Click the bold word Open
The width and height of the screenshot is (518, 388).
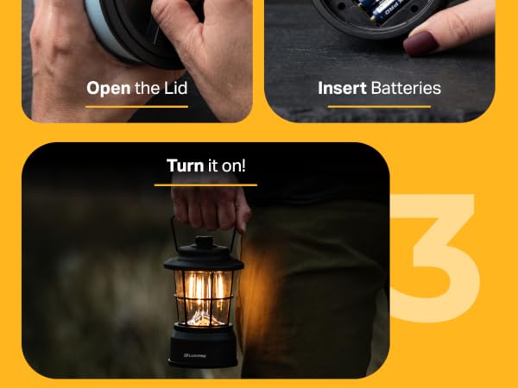tap(109, 89)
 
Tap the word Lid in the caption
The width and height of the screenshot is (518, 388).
tap(176, 88)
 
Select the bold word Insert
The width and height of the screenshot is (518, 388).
tap(342, 88)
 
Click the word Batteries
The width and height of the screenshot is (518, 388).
tap(406, 88)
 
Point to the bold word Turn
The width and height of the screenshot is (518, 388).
tap(185, 166)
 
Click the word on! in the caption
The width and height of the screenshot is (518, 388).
tap(234, 166)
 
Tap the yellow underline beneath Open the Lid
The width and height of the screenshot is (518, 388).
tap(136, 107)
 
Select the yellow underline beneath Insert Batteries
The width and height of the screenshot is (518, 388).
tap(379, 107)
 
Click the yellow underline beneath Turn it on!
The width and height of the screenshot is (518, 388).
tap(205, 185)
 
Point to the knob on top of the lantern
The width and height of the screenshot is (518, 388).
tap(204, 242)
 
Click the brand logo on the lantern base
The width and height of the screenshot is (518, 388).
tap(195, 355)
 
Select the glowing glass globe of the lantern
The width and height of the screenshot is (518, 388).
tap(203, 298)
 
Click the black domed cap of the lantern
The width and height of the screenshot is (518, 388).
tap(204, 257)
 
